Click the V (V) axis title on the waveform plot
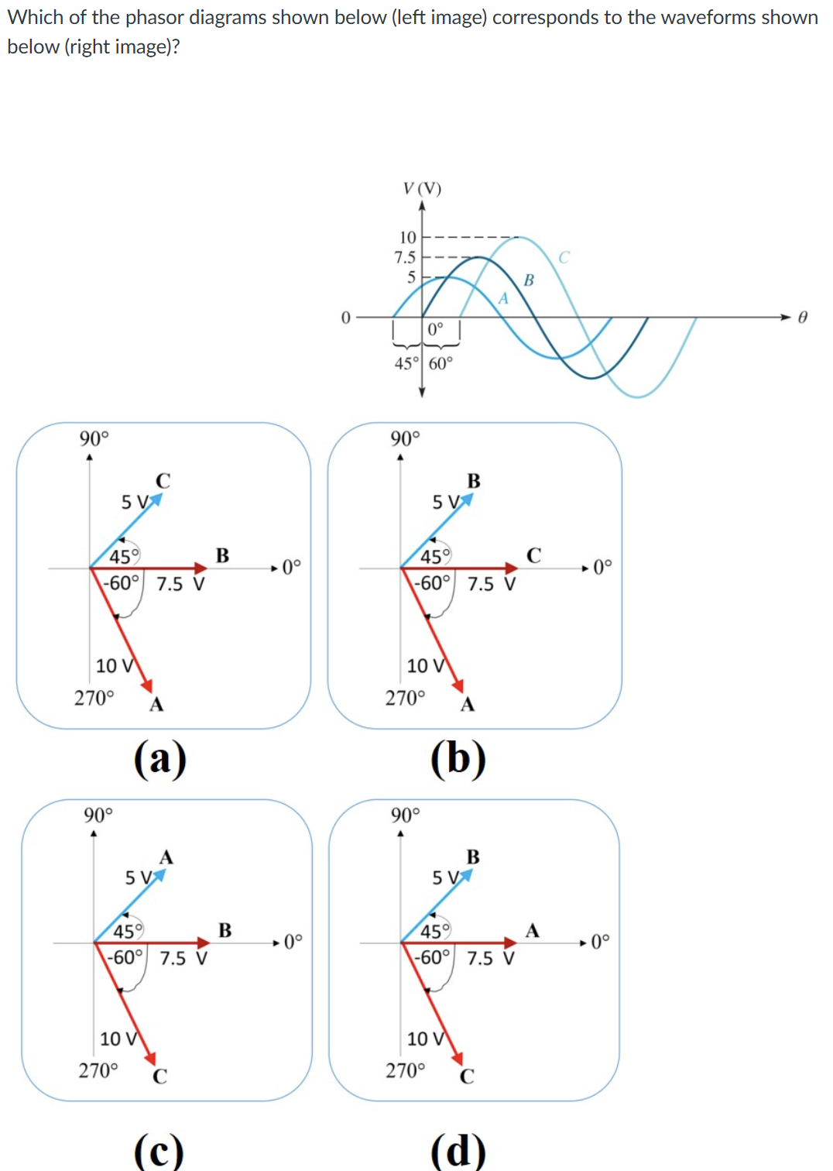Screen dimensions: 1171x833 pyautogui.click(x=422, y=188)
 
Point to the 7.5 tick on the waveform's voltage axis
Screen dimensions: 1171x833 pyautogui.click(x=405, y=257)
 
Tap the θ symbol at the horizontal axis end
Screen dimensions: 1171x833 pyautogui.click(x=803, y=318)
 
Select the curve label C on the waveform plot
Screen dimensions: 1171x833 pyautogui.click(x=564, y=257)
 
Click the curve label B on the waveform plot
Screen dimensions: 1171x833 pyautogui.click(x=529, y=280)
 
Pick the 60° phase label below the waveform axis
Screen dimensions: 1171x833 pyautogui.click(x=440, y=363)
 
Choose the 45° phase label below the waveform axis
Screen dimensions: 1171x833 pyautogui.click(x=406, y=363)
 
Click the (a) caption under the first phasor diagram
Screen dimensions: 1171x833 pyautogui.click(x=159, y=758)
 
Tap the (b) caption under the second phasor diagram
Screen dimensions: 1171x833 pyautogui.click(x=458, y=758)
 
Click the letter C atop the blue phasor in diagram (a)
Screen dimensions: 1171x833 pyautogui.click(x=163, y=481)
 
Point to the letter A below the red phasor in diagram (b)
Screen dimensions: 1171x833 pyautogui.click(x=468, y=705)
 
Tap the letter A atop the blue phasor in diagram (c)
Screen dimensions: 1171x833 pyautogui.click(x=166, y=857)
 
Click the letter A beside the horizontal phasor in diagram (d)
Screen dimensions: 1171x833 pyautogui.click(x=532, y=930)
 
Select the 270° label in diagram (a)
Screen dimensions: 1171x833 pyautogui.click(x=94, y=698)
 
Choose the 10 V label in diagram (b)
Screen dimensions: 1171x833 pyautogui.click(x=426, y=665)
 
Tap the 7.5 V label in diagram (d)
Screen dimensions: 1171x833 pyautogui.click(x=491, y=958)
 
